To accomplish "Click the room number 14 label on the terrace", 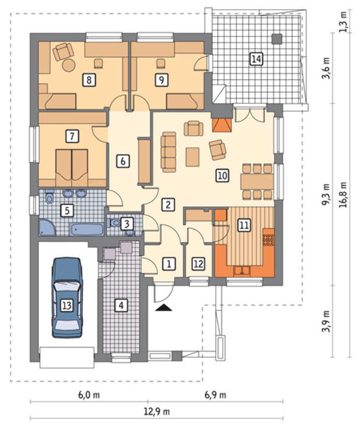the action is coord(256,59).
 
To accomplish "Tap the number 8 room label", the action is coord(89,80).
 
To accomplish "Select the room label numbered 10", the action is coord(222,175).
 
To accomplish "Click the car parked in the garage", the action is coord(67,298).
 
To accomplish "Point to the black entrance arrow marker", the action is coord(164,307).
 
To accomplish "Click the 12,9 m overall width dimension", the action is coord(157,411).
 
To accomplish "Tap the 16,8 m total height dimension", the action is coord(343,195).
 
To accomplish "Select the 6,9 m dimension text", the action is coord(216,395).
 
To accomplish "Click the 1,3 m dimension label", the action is coord(344,22).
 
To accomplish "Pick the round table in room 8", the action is coord(68,65).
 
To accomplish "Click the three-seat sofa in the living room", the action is coord(169,152).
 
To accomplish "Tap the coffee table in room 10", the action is coord(192,157).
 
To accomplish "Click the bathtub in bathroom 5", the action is coord(87,229).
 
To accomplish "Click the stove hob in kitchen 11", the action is coord(268,240).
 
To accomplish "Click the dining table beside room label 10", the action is coord(257,182).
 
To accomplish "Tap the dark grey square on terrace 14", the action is coord(277,39).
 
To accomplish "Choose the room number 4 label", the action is coord(121,306).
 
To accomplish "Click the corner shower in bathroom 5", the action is coord(47,227).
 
